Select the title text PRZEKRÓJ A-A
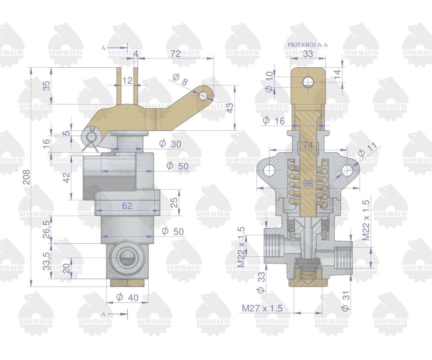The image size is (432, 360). tap(308, 45)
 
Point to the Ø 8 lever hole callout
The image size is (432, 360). tap(180, 80)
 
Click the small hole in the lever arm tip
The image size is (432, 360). tap(203, 96)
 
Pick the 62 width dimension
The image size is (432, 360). tap(127, 206)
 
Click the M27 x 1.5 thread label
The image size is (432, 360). tap(262, 309)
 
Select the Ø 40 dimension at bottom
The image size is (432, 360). tap(127, 297)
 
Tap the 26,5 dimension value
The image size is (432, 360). tap(47, 229)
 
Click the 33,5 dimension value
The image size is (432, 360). tap(47, 261)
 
